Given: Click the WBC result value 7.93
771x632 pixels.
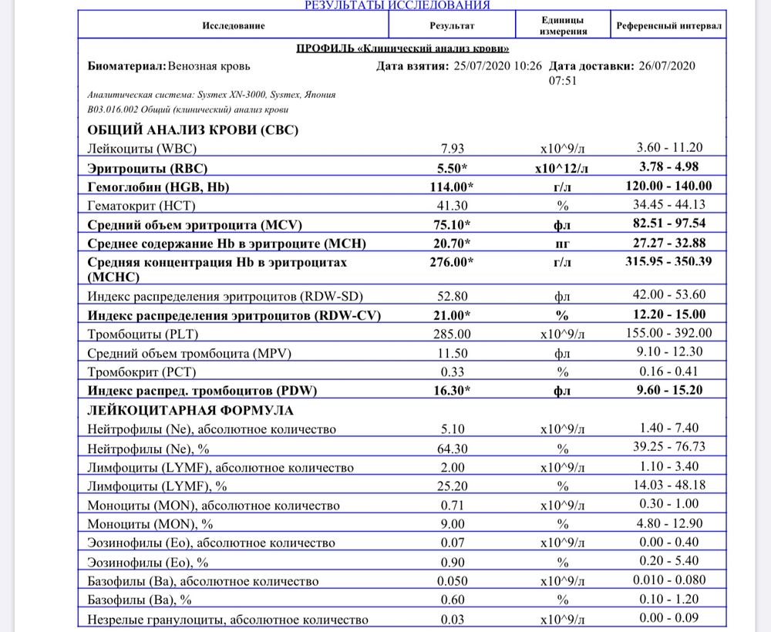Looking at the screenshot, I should pyautogui.click(x=451, y=148).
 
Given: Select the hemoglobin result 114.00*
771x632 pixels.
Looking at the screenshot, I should pyautogui.click(x=451, y=187).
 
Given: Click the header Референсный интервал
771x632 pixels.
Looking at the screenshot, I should pyautogui.click(x=668, y=25).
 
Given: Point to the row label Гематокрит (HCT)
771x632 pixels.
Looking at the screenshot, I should pyautogui.click(x=146, y=206).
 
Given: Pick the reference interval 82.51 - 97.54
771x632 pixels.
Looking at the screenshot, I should pyautogui.click(x=668, y=225).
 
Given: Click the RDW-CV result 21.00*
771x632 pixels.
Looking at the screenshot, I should pyautogui.click(x=451, y=315).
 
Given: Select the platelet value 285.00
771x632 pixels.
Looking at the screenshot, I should pyautogui.click(x=451, y=334).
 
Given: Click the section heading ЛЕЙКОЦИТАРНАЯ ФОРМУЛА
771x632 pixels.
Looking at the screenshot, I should pyautogui.click(x=191, y=410).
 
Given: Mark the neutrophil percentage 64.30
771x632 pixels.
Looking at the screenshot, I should pyautogui.click(x=451, y=447).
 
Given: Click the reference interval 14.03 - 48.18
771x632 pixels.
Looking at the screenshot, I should pyautogui.click(x=668, y=486).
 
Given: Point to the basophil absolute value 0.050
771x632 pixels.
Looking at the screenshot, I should pyautogui.click(x=451, y=581).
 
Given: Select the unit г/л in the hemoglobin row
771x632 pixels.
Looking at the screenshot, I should pyautogui.click(x=562, y=187).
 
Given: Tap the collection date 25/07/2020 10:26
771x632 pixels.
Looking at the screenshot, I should pyautogui.click(x=497, y=66).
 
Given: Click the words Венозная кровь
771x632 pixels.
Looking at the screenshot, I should pyautogui.click(x=209, y=66).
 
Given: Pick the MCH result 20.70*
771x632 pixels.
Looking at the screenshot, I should pyautogui.click(x=451, y=244).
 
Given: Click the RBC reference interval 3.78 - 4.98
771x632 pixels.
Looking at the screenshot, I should pyautogui.click(x=668, y=167).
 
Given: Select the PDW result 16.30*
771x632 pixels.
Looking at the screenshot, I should pyautogui.click(x=451, y=391).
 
